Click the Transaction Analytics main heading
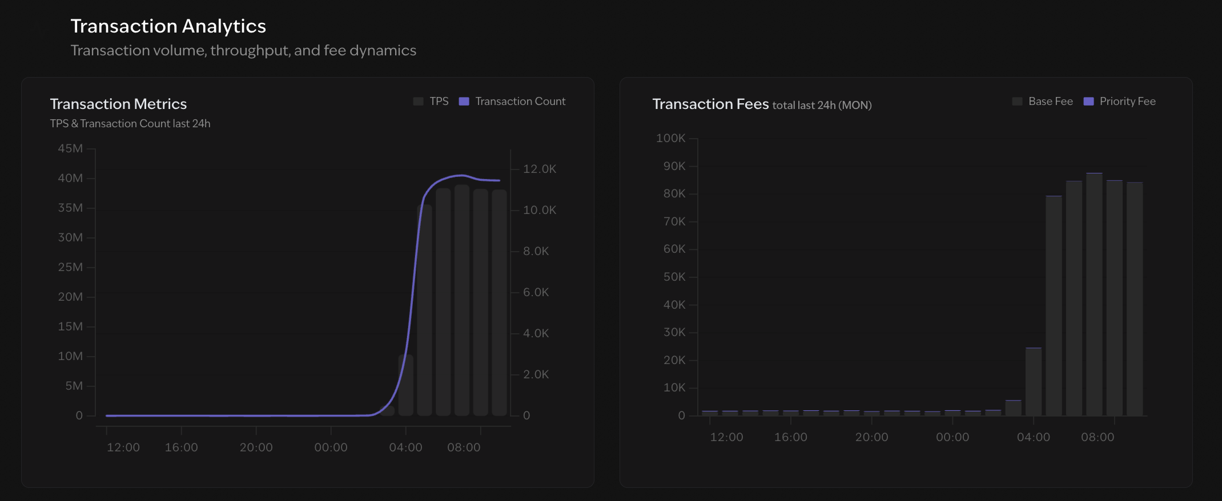pyautogui.click(x=168, y=26)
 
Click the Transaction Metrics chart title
pyautogui.click(x=118, y=104)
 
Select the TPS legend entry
pyautogui.click(x=432, y=101)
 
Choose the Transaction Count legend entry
pyautogui.click(x=512, y=101)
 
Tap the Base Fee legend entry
pyautogui.click(x=1043, y=101)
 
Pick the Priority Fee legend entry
pyautogui.click(x=1120, y=101)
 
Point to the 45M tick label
pyautogui.click(x=70, y=148)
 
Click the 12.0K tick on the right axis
pyautogui.click(x=539, y=169)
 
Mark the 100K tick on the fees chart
pyautogui.click(x=670, y=138)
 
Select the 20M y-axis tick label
pyautogui.click(x=70, y=297)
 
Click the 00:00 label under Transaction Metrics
pyautogui.click(x=331, y=447)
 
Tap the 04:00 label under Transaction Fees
pyautogui.click(x=1033, y=437)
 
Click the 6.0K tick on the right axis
pyautogui.click(x=536, y=292)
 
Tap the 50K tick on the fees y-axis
pyautogui.click(x=674, y=277)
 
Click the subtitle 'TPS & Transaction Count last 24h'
pyautogui.click(x=130, y=123)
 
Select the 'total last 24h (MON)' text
pyautogui.click(x=822, y=105)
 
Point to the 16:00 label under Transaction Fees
pyautogui.click(x=790, y=437)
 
